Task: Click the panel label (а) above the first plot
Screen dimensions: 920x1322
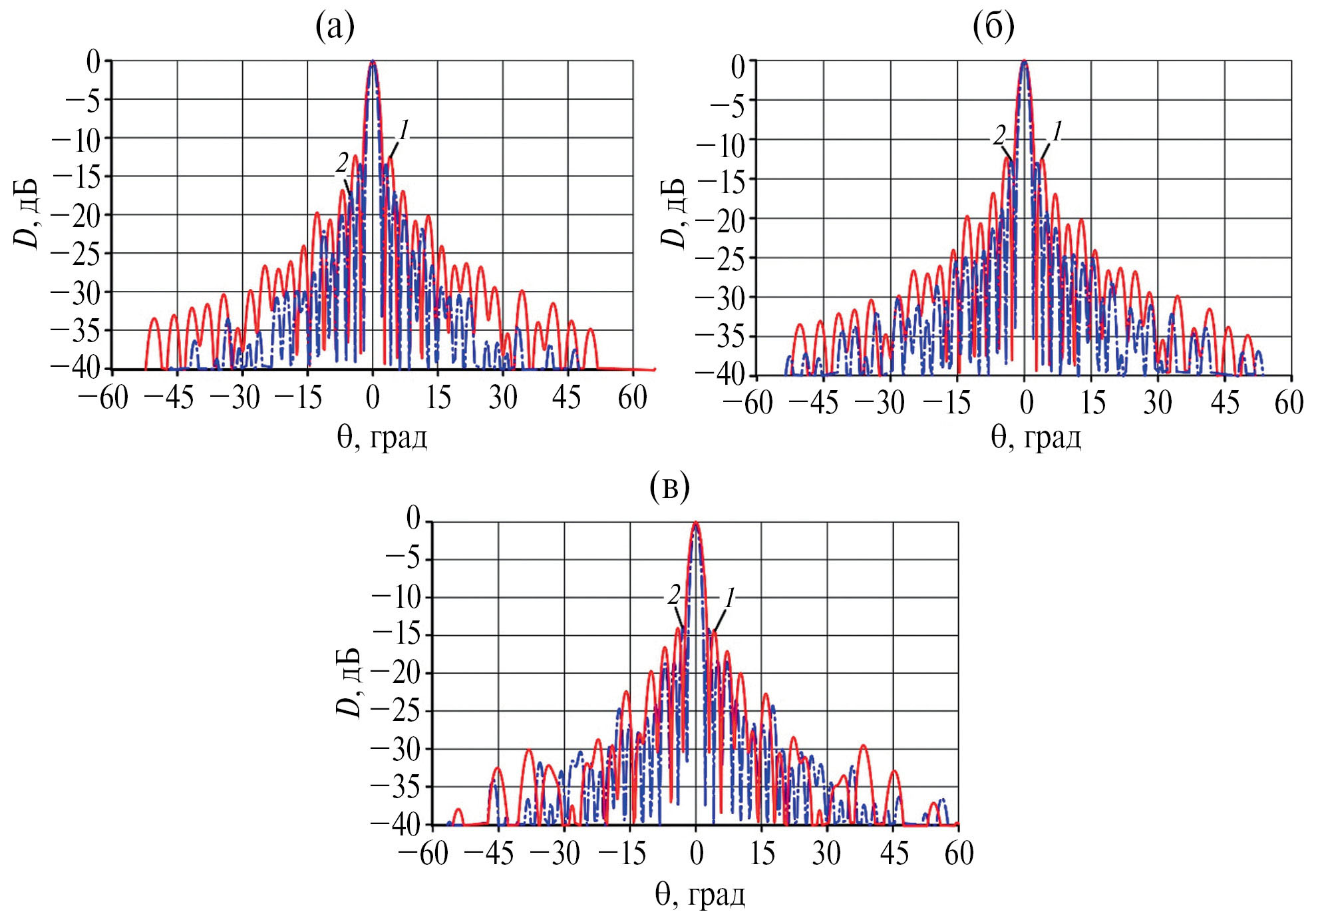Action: [335, 27]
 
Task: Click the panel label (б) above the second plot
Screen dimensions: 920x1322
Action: [993, 27]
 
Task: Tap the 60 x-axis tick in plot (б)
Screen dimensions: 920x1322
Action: [1289, 403]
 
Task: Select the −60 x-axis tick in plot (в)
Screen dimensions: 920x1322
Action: [423, 854]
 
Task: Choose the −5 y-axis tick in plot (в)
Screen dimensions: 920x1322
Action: [403, 559]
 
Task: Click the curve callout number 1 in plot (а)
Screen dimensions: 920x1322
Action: [403, 130]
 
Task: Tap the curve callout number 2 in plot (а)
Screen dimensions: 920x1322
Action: [342, 162]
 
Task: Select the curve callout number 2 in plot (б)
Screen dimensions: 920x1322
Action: [999, 136]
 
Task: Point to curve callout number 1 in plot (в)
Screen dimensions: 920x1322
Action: [729, 598]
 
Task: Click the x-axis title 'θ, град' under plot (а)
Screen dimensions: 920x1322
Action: [382, 437]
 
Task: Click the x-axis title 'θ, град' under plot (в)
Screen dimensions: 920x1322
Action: [700, 895]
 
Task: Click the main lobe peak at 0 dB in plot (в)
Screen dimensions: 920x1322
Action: [696, 523]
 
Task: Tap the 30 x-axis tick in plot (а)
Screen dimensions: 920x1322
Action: [502, 398]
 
